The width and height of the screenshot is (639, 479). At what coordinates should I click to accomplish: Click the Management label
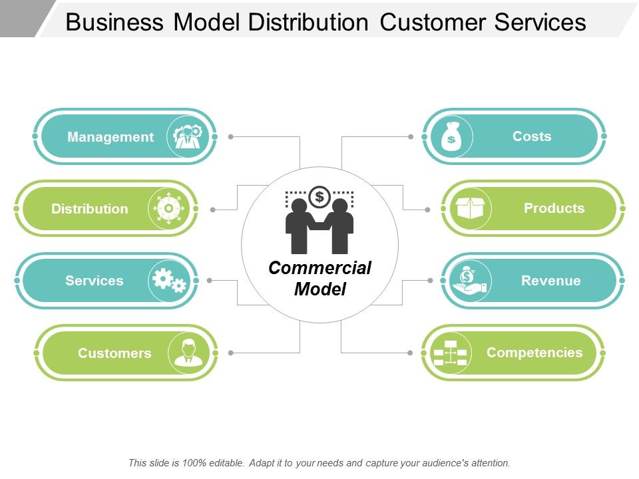click(x=110, y=137)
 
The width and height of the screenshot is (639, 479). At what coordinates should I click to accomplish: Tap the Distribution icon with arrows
click(x=168, y=209)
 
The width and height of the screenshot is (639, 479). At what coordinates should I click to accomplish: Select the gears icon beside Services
click(x=169, y=281)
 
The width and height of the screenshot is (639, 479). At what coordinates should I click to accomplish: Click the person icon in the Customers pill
click(x=188, y=352)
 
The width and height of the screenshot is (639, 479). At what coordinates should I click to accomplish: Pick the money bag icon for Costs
click(x=452, y=136)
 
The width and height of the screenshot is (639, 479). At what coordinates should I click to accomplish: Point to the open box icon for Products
click(x=471, y=208)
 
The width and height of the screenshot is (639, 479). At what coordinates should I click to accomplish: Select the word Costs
click(x=532, y=136)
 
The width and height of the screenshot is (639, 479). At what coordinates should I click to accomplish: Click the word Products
click(x=554, y=208)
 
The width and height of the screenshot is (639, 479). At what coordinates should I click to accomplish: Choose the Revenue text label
click(x=550, y=281)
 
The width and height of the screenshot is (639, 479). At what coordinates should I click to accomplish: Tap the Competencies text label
click(x=534, y=353)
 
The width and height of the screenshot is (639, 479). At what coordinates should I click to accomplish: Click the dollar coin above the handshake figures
click(x=319, y=196)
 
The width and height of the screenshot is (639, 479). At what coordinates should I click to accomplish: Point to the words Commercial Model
click(x=319, y=278)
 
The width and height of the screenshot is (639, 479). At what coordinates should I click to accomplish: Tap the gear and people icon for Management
click(x=188, y=136)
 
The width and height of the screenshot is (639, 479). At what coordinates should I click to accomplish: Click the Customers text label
click(x=114, y=353)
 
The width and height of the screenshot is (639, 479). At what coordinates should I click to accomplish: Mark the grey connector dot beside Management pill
click(x=230, y=136)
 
